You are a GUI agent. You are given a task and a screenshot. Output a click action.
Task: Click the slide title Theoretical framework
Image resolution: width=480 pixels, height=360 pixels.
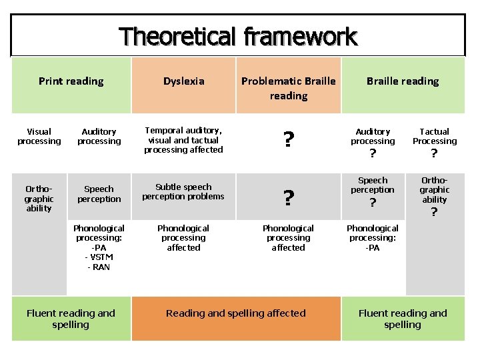[238, 36]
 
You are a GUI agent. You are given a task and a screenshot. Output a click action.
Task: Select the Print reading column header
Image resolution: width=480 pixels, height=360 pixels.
[71, 81]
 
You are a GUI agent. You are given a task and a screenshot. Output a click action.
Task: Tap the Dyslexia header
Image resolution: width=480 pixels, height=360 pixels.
[184, 81]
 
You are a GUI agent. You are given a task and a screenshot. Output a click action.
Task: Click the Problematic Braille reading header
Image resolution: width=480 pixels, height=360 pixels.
[288, 88]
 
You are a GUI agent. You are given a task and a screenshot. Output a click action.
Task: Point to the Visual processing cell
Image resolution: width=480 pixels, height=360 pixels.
[39, 137]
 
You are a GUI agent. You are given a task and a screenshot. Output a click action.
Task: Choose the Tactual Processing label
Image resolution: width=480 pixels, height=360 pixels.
[435, 137]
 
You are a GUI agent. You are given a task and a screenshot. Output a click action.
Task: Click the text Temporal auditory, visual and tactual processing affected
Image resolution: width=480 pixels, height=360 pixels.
[183, 140]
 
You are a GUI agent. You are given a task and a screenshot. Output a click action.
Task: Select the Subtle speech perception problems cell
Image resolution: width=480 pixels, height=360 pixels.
[183, 192]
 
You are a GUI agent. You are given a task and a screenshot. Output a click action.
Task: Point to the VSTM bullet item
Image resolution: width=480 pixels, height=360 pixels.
[99, 257]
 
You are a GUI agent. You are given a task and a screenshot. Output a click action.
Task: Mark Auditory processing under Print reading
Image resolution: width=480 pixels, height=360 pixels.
[99, 137]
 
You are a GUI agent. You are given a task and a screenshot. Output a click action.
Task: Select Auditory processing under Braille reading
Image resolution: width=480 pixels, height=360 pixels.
[373, 137]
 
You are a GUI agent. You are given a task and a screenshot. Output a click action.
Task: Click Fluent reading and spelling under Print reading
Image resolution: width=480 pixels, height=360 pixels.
[71, 319]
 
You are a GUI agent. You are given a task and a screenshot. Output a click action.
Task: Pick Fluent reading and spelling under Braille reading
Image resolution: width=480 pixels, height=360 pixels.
[403, 319]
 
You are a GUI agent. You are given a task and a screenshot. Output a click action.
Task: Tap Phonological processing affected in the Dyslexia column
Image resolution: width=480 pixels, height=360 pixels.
[183, 238]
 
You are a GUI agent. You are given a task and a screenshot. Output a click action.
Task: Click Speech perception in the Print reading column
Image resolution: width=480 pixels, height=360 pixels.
[99, 194]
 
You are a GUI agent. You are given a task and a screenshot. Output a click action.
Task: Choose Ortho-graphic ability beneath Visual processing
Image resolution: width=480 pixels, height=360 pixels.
[39, 199]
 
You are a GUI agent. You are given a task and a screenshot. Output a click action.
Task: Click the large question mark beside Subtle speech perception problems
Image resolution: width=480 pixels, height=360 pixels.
[288, 199]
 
